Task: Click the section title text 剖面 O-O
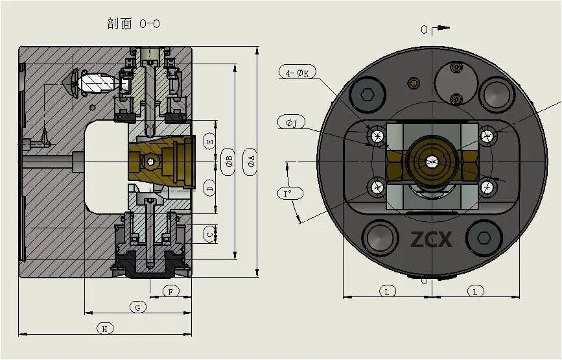point(133,24)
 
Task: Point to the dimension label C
point(209,234)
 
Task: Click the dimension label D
point(209,188)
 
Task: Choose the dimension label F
point(170,291)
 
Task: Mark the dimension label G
point(137,307)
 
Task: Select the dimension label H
point(104,329)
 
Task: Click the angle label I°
point(288,193)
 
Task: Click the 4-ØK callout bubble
point(298,73)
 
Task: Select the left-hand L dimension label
point(387,292)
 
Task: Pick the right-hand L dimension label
point(474,292)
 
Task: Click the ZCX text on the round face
point(431,239)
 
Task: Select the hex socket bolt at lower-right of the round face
point(484,237)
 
